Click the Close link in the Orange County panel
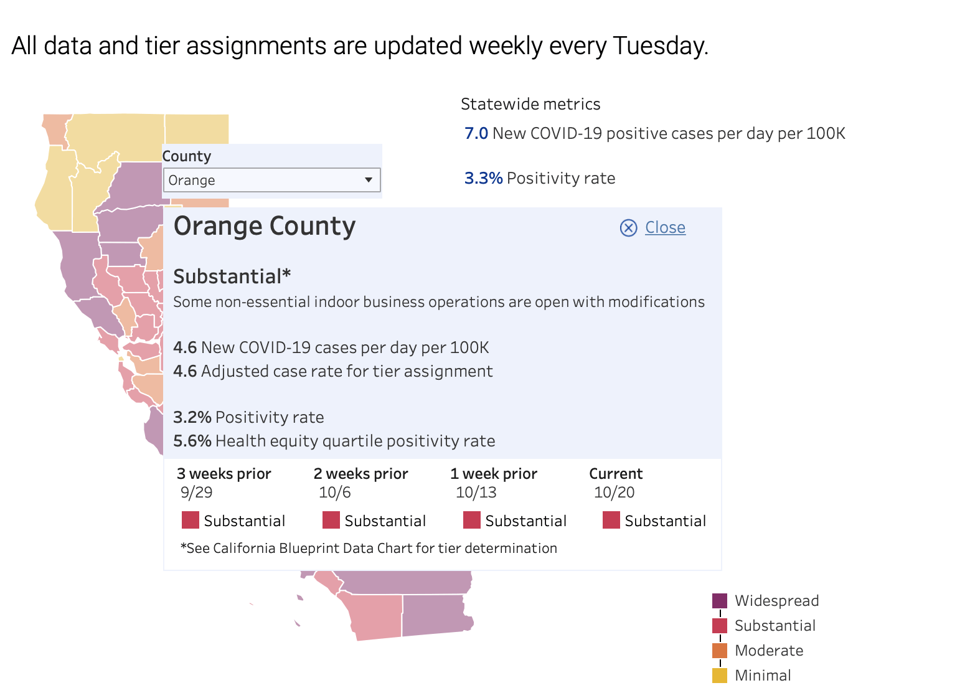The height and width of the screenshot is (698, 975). tap(665, 227)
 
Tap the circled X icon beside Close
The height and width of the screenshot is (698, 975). tap(628, 228)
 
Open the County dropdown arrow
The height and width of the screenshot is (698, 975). tap(369, 180)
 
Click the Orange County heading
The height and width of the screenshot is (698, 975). tap(265, 226)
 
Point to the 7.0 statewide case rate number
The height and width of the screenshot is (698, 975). tap(476, 133)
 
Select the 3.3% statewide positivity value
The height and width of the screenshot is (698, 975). tap(483, 178)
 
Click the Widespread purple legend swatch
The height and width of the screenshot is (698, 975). tap(719, 601)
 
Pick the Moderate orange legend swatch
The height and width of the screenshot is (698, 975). tap(719, 651)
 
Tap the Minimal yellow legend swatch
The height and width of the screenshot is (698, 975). tap(719, 676)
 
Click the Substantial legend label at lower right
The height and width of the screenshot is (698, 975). tap(775, 626)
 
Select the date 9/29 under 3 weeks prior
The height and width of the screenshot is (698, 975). tap(196, 493)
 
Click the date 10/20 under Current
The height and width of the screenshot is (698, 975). tap(614, 493)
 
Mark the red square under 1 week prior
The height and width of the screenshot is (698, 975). tap(471, 520)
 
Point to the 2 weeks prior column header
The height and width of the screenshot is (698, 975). tap(360, 474)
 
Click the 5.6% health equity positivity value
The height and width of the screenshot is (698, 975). tap(192, 441)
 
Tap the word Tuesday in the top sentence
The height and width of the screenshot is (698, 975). tap(660, 46)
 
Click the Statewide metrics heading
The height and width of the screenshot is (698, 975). tap(530, 104)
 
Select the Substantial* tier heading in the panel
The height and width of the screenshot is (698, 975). tap(232, 276)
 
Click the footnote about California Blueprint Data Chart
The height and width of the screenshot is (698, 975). tap(369, 548)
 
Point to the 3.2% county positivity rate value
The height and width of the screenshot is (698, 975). tap(192, 417)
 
